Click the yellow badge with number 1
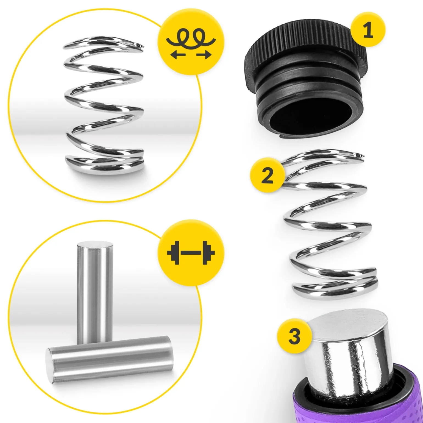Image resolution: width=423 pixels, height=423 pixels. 368,30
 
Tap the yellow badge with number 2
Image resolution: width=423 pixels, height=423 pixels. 267,175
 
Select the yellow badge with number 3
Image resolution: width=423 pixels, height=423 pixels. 294,336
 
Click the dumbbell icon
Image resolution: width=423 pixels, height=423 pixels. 191,253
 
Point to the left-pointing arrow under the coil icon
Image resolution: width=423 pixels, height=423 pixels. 178,55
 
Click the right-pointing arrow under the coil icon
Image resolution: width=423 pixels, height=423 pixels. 204,55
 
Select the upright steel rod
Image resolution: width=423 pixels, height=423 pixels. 95,293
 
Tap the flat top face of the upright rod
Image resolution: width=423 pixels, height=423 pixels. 95,245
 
